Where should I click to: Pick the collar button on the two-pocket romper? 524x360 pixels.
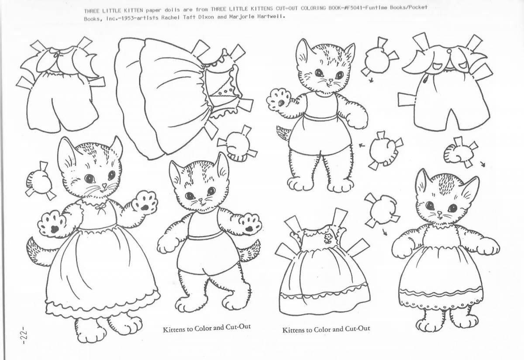(x=448, y=51)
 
